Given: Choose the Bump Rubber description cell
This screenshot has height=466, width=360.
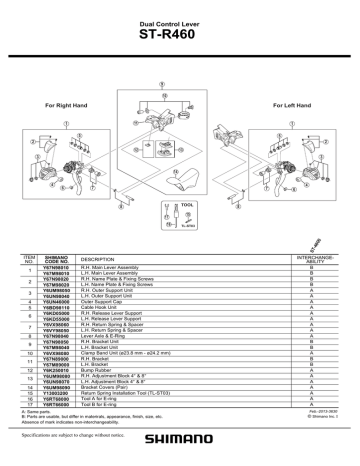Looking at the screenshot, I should [x=101, y=369].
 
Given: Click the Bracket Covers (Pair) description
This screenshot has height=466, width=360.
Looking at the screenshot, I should [x=110, y=387].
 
